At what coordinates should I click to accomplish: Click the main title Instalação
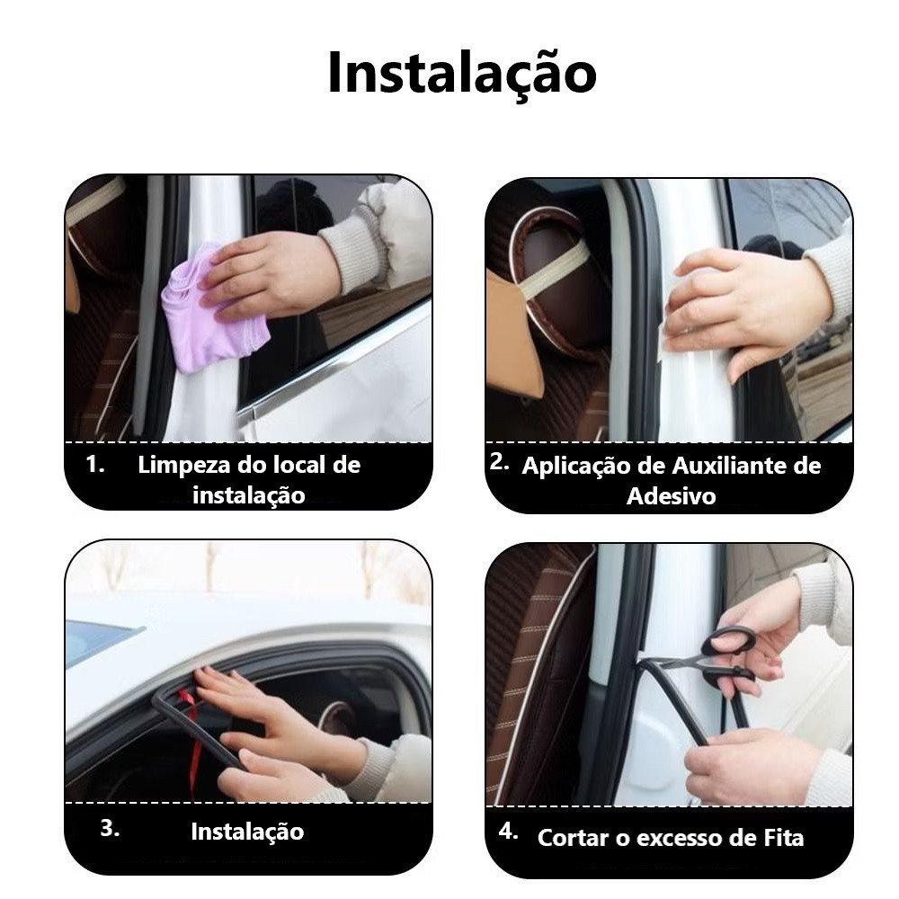462,74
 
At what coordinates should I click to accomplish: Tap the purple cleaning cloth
212,313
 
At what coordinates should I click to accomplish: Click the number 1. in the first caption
95,465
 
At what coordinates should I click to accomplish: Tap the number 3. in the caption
110,829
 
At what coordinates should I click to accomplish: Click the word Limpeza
185,466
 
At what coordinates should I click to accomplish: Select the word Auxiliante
729,466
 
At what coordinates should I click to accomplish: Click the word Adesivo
672,496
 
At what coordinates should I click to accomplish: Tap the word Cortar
574,838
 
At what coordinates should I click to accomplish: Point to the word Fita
783,838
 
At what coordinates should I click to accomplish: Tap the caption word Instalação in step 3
247,832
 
